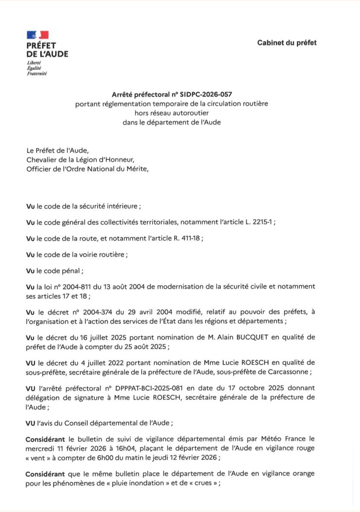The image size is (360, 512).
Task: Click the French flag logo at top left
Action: coord(38,35)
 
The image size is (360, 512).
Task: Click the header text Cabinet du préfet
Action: coord(287,43)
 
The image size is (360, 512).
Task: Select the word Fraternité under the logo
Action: coord(37,73)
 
